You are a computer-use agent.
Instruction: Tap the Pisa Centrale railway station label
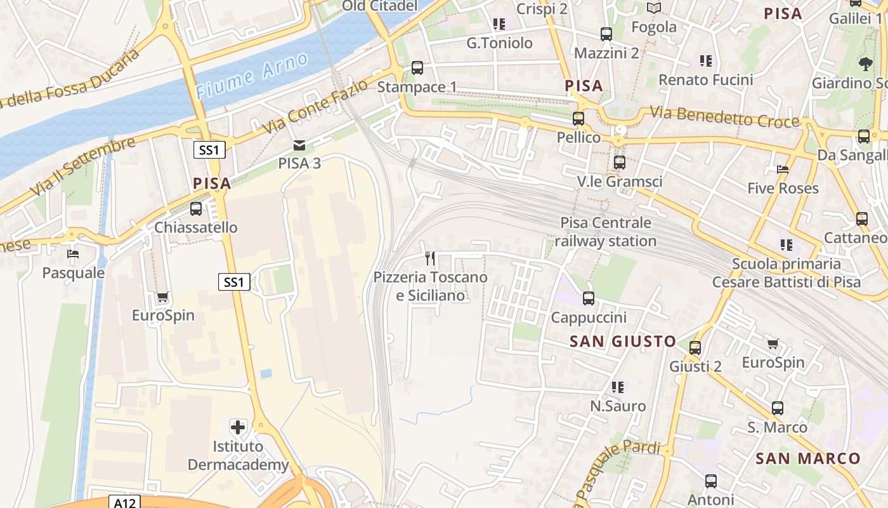coord(606,232)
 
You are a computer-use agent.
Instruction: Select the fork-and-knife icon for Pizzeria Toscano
coord(430,258)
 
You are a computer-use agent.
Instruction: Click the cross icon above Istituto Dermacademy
coord(238,427)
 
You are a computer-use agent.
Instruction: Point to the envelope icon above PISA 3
coord(299,145)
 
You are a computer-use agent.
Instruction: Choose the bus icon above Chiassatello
coord(196,209)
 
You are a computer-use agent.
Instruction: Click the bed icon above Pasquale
coord(73,255)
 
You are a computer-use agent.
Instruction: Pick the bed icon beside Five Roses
coord(783,170)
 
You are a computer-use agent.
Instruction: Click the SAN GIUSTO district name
coord(623,342)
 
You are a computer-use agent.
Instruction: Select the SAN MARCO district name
coord(808,458)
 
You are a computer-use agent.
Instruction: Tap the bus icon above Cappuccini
coord(589,298)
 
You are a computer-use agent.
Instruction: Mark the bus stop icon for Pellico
coord(578,119)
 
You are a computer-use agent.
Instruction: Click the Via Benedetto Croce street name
coord(724,117)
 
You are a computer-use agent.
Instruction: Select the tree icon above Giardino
coord(865,63)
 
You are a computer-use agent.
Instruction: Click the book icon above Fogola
coord(653,8)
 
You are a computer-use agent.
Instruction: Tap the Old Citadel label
coord(379,6)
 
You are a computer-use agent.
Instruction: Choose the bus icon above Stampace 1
coord(417,68)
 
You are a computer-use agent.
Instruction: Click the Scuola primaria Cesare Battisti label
coord(787,273)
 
